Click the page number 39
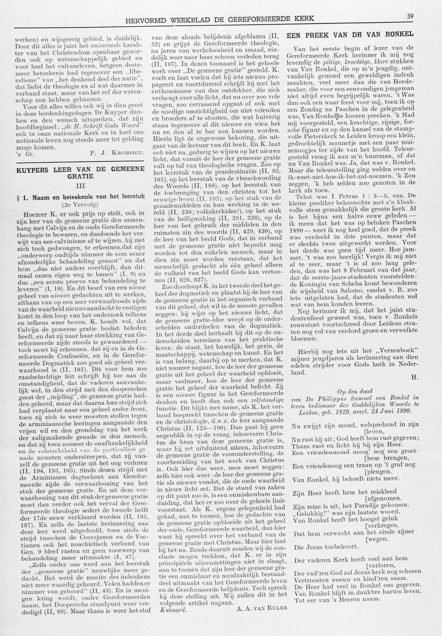pyautogui.click(x=410, y=16)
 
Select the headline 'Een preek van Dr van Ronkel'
pyautogui.click(x=350, y=35)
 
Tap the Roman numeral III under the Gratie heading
pyautogui.click(x=80, y=186)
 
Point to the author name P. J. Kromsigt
pyautogui.click(x=117, y=153)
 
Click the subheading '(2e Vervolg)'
pyautogui.click(x=80, y=205)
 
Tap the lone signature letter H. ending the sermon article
pyautogui.click(x=414, y=377)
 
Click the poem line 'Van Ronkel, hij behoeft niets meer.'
pyautogui.click(x=345, y=478)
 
